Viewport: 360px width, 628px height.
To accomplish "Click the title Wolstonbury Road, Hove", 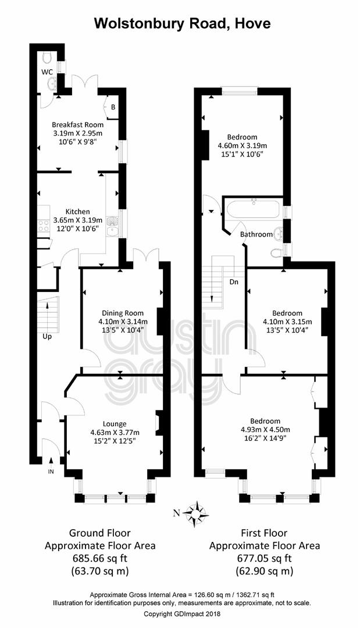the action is click(x=182, y=23).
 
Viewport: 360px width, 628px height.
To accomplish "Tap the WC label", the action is click(x=48, y=72).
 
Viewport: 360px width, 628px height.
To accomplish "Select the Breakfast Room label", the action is click(x=78, y=124).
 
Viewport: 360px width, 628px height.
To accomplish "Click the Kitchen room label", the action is click(x=78, y=212).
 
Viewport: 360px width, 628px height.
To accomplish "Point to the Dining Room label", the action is click(x=123, y=313).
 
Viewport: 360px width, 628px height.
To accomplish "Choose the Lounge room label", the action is click(x=115, y=424).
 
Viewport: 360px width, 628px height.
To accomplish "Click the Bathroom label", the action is click(x=256, y=234).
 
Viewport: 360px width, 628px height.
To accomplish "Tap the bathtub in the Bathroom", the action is click(x=254, y=209).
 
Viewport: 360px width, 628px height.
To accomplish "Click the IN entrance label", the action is click(x=51, y=472).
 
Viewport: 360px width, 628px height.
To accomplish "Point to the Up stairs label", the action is click(x=47, y=337).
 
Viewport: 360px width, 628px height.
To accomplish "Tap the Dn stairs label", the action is click(x=234, y=282).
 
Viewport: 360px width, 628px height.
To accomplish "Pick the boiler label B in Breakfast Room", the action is click(x=113, y=108).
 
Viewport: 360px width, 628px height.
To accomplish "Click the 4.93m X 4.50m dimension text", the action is click(x=265, y=430).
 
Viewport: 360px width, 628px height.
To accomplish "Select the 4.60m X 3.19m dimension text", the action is click(x=243, y=145).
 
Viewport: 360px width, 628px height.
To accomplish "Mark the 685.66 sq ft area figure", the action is click(x=100, y=558).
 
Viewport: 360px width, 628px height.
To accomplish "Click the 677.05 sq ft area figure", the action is click(x=264, y=558).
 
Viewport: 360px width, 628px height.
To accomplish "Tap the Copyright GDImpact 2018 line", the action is click(x=182, y=613).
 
